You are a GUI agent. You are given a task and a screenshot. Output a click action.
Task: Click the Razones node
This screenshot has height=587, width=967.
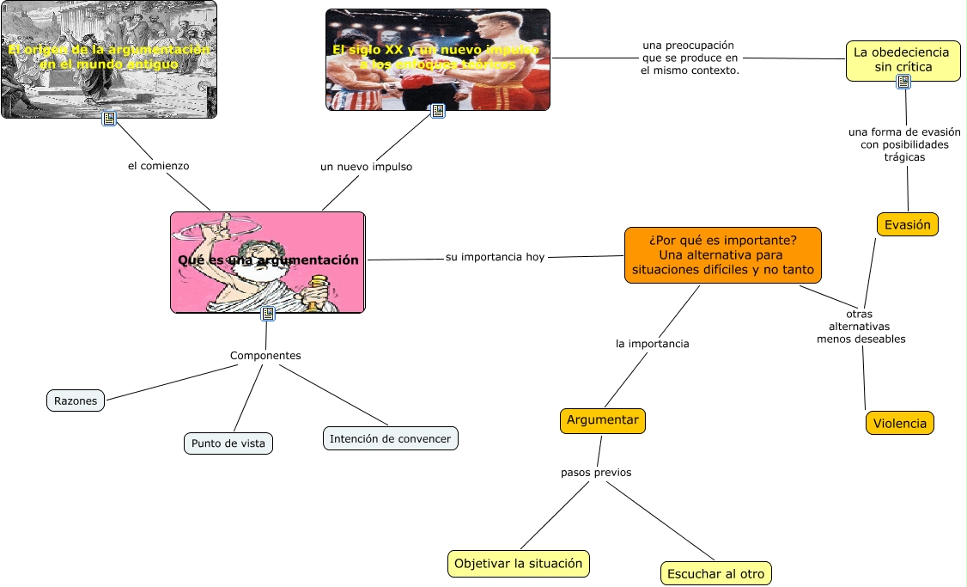coord(76,401)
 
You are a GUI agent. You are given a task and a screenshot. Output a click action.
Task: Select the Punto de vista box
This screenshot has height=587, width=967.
coord(228,443)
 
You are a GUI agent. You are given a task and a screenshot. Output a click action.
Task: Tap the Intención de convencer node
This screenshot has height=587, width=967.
coord(390,438)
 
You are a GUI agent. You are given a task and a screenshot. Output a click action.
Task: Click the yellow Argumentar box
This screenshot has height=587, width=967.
coord(602,420)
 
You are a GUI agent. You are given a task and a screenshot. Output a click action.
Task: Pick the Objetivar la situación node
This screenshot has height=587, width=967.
coord(518,564)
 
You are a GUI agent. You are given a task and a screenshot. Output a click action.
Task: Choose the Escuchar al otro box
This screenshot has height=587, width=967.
coord(717,573)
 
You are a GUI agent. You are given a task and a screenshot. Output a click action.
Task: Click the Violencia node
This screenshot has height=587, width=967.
coord(899,423)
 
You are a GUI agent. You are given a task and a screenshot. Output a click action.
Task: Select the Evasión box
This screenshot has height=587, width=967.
coord(907,224)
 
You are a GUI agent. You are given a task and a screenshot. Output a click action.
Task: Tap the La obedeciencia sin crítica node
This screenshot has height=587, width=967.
coord(902,59)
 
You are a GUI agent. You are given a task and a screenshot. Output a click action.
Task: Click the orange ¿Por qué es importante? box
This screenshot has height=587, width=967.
coord(722,254)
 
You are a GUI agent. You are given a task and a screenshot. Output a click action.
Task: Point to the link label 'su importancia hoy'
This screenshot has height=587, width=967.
coord(495,257)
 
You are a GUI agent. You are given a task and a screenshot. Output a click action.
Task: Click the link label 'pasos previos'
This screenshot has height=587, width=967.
coord(596,472)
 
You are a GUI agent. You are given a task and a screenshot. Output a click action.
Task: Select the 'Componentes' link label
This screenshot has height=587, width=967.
coord(265,355)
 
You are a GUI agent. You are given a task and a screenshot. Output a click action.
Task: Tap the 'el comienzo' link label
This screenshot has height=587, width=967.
coord(158,166)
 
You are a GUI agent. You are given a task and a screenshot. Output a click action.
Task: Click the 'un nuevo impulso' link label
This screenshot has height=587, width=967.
coord(366,167)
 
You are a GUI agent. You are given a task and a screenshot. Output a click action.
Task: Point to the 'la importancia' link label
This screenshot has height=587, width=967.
coord(653,344)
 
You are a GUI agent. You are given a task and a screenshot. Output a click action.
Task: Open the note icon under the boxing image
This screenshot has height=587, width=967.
coord(438,111)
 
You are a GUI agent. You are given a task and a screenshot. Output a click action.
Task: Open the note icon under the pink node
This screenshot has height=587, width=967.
coord(268,314)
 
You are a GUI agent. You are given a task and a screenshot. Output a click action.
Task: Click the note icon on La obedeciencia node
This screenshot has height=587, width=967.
coord(903,82)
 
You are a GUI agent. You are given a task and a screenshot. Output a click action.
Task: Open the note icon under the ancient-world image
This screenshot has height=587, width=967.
coord(109,119)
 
